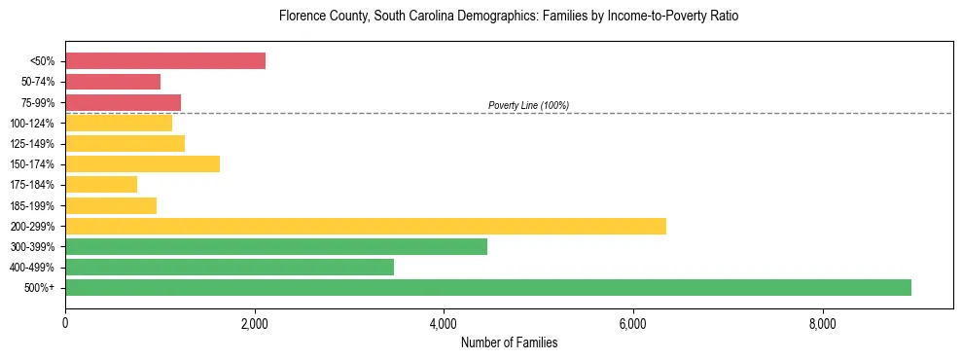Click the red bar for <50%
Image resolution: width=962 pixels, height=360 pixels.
pyautogui.click(x=165, y=61)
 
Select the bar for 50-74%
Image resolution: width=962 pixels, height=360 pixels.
pyautogui.click(x=113, y=82)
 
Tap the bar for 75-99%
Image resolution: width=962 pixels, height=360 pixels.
pyautogui.click(x=123, y=102)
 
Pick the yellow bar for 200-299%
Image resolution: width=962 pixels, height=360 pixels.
pyautogui.click(x=366, y=226)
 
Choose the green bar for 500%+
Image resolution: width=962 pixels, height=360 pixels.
pyautogui.click(x=488, y=287)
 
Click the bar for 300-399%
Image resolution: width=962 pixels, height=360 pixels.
pyautogui.click(x=276, y=246)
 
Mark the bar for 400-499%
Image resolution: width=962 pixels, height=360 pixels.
pyautogui.click(x=230, y=267)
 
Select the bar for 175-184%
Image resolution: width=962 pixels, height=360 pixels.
pyautogui.click(x=101, y=184)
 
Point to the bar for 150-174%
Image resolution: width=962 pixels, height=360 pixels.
pyautogui.click(x=142, y=163)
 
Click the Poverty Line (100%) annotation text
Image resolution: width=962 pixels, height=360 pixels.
pyautogui.click(x=528, y=105)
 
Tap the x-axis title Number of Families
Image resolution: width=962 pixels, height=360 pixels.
pyautogui.click(x=509, y=342)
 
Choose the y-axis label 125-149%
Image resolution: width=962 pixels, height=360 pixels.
pyautogui.click(x=32, y=144)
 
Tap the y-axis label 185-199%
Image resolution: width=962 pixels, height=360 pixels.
pyautogui.click(x=32, y=205)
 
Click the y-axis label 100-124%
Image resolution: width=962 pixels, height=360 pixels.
pyautogui.click(x=32, y=124)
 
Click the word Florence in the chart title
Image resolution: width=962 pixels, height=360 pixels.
pyautogui.click(x=301, y=17)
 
